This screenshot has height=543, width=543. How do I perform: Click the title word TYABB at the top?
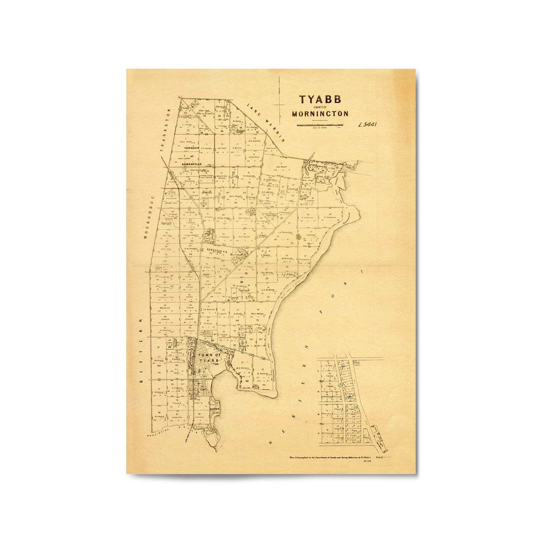(x=320, y=100)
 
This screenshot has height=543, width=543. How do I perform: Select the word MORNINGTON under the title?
(x=320, y=114)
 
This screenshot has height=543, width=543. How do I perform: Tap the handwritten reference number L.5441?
(x=367, y=125)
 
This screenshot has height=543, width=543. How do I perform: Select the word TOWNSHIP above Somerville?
(x=192, y=148)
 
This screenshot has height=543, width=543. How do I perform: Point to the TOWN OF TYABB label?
(x=209, y=357)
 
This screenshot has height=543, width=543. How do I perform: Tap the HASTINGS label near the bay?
(x=199, y=408)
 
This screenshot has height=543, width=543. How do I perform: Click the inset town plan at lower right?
(x=344, y=402)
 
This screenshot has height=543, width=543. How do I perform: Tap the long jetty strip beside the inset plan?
(x=381, y=438)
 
